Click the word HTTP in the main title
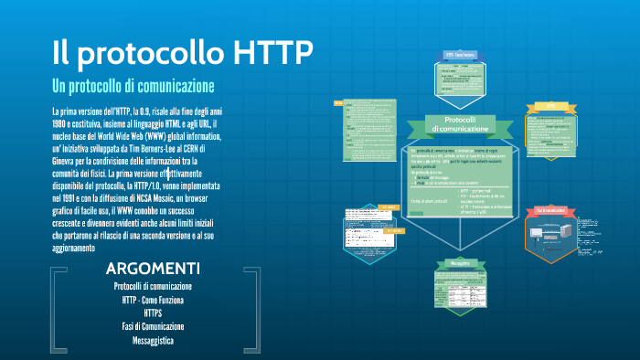point(261,51)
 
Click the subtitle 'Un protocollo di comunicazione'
point(133,87)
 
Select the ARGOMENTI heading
point(153,268)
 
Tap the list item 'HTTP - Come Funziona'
point(153,299)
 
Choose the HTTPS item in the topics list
point(153,312)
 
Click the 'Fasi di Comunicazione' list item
point(153,326)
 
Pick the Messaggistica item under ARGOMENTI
point(153,340)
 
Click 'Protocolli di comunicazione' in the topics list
point(153,286)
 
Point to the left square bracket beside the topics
point(57,311)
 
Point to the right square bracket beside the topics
point(249,311)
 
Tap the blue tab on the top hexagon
point(459,55)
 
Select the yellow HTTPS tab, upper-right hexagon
point(551,106)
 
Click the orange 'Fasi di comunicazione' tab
point(551,211)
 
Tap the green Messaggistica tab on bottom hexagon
point(459,263)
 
